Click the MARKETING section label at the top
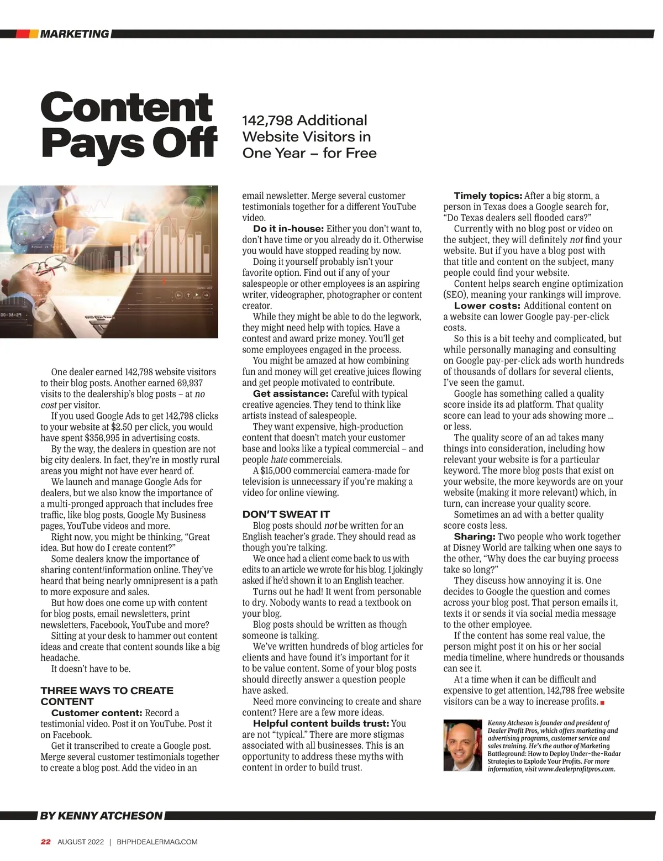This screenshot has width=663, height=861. (74, 34)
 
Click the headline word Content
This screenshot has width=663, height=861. (127, 107)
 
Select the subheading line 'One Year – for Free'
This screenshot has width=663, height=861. (309, 153)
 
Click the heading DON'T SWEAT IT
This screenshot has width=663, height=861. (286, 514)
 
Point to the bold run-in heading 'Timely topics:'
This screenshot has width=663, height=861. (488, 196)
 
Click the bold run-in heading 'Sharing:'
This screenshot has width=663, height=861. (474, 537)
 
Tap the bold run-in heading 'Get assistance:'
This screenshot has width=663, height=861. (291, 393)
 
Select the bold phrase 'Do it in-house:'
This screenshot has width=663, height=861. (288, 229)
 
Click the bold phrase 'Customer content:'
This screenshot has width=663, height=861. (97, 713)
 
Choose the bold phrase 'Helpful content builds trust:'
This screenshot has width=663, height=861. (321, 723)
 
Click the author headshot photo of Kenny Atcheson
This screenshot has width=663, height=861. (463, 745)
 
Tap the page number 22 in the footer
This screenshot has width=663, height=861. (46, 842)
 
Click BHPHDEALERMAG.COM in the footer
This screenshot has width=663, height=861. (157, 842)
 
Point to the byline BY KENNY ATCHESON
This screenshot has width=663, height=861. (102, 816)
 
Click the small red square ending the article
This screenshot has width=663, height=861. (602, 702)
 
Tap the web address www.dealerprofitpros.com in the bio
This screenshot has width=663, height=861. (576, 769)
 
